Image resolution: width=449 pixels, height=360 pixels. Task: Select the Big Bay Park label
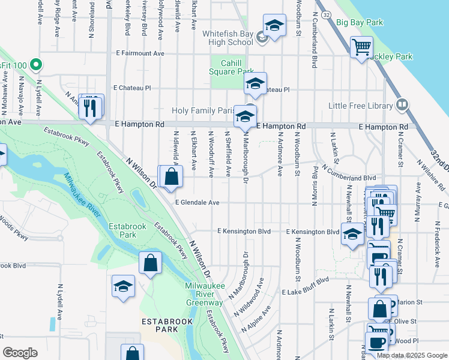(359, 22)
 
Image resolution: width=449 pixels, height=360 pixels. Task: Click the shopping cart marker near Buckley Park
(361, 47)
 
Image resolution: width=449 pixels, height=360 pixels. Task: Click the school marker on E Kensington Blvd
(352, 234)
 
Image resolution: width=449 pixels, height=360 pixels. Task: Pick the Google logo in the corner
(20, 353)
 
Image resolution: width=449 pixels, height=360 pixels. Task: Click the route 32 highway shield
(325, 13)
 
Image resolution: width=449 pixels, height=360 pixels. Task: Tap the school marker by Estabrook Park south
(123, 286)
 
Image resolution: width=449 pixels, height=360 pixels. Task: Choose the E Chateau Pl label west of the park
(131, 88)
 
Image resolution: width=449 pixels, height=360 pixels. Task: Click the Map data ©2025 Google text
(412, 355)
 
